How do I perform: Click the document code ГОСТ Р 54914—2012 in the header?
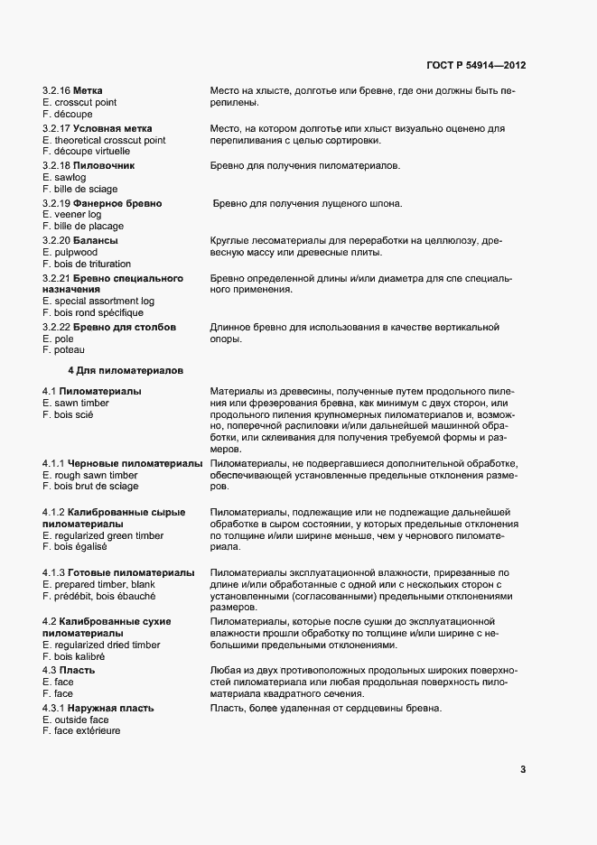[476, 66]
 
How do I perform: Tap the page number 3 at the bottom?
[523, 769]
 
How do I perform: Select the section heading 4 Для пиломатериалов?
[126, 370]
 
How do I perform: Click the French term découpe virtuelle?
[86, 152]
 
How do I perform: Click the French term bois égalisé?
[74, 546]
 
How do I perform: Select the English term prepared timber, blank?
[98, 584]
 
